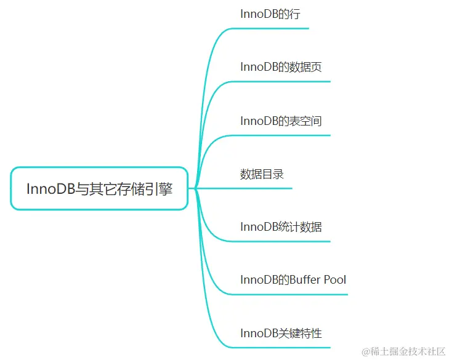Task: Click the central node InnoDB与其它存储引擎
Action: [x=99, y=189]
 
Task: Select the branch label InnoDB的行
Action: [x=270, y=14]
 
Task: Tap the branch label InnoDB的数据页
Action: [x=281, y=67]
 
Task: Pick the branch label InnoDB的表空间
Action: [x=281, y=121]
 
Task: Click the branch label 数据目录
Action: [x=262, y=174]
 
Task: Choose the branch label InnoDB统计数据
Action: [x=281, y=226]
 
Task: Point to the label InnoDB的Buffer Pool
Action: [x=293, y=280]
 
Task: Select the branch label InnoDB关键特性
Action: [x=281, y=333]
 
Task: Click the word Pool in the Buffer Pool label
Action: [x=335, y=280]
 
